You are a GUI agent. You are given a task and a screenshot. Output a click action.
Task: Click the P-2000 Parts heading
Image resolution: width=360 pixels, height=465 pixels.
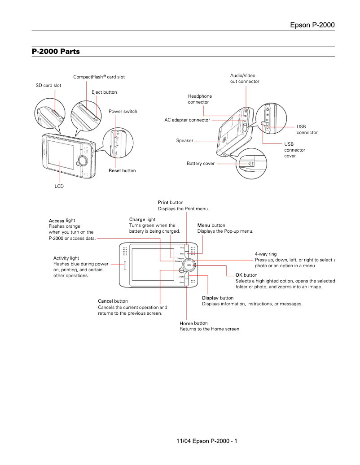[x=56, y=52]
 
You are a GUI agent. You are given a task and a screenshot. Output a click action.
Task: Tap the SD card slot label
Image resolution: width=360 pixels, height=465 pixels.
[x=48, y=85]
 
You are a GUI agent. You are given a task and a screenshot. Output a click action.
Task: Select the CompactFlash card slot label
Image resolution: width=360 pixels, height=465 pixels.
[x=99, y=77]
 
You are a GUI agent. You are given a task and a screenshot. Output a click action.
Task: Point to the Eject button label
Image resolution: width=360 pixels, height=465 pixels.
[x=104, y=92]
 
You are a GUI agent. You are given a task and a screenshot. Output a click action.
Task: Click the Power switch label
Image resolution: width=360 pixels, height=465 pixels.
[x=123, y=112]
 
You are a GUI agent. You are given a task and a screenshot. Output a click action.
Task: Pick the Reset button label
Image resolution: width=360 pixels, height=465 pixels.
[x=122, y=171]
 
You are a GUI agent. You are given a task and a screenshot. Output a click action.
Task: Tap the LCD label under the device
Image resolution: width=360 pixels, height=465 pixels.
[x=59, y=186]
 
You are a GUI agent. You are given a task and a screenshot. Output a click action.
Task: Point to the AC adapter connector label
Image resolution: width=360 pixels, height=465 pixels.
[x=187, y=120]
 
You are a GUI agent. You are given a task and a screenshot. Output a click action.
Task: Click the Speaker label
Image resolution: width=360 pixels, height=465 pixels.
[x=184, y=141]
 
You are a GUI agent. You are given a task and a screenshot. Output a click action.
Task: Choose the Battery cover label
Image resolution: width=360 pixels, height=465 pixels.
[x=201, y=164]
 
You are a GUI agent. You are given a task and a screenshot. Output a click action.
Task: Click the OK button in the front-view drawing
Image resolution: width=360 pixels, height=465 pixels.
[x=189, y=265]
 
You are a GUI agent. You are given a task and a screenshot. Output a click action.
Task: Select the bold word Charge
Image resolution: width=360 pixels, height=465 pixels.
[x=137, y=219]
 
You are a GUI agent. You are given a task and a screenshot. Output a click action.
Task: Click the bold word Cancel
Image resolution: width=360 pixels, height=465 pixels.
[x=105, y=301]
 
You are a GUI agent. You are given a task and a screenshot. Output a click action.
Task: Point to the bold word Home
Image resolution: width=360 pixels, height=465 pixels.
[x=186, y=323]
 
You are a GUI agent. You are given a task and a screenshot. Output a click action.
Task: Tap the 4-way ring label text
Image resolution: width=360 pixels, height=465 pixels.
[x=266, y=254]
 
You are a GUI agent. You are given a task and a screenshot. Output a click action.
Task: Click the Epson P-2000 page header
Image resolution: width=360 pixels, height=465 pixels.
[x=312, y=25]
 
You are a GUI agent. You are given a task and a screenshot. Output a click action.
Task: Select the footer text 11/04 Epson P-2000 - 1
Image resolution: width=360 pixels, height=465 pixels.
[x=207, y=441]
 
